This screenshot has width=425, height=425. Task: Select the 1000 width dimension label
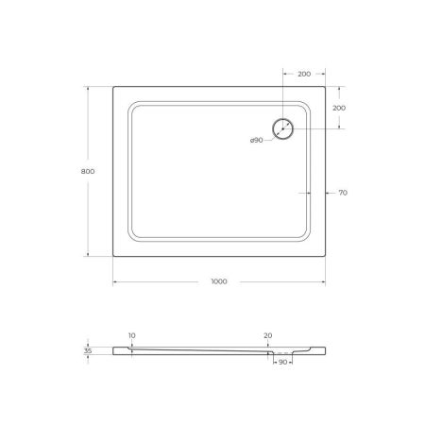click(x=219, y=281)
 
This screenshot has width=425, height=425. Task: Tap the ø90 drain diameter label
click(x=256, y=141)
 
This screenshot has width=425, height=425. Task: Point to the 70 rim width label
click(x=342, y=193)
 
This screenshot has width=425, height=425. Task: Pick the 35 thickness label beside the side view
click(x=88, y=351)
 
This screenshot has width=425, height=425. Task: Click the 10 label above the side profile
click(x=131, y=335)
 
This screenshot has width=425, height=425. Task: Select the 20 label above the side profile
click(x=268, y=335)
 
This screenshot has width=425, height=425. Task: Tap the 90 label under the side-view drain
click(x=281, y=362)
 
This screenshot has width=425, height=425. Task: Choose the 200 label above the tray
click(x=304, y=74)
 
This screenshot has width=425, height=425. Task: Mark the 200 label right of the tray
click(x=339, y=109)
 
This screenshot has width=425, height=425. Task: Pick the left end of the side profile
click(x=114, y=349)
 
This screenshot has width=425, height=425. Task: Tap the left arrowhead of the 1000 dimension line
click(x=115, y=281)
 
